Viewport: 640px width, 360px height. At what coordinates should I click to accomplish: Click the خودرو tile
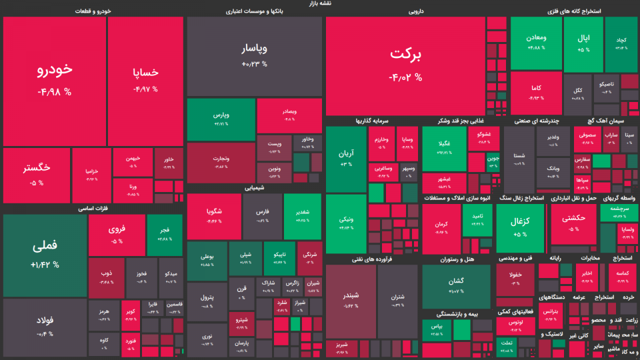[55, 70]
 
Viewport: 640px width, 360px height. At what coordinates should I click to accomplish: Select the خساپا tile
[145, 72]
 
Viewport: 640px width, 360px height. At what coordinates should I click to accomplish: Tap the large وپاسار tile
[254, 49]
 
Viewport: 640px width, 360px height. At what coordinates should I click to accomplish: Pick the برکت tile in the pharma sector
[405, 57]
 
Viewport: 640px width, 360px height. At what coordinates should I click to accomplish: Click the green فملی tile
[45, 245]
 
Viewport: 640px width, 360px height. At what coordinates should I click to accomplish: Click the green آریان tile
[346, 154]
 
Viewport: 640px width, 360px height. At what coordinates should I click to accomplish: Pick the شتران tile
[398, 296]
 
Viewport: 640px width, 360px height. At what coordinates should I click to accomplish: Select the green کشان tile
[456, 281]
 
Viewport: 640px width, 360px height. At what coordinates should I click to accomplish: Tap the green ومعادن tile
[537, 38]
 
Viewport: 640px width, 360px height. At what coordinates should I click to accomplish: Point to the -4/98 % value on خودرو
[55, 92]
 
